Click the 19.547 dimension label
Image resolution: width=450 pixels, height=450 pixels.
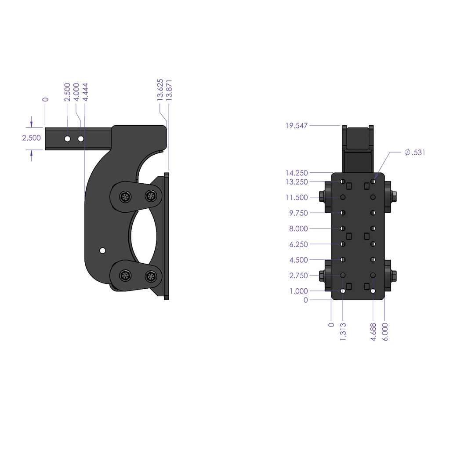[296, 126]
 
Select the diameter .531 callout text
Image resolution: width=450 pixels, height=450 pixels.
[415, 152]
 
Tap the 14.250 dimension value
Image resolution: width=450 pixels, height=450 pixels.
[296, 173]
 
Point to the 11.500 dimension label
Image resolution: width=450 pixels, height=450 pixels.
[296, 197]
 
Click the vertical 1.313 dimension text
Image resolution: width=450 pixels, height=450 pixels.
[342, 331]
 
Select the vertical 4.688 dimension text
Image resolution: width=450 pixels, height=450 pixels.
[373, 331]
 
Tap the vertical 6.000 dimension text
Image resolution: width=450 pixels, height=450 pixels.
[385, 331]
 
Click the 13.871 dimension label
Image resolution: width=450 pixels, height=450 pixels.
[169, 90]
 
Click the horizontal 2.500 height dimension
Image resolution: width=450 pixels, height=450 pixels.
[31, 138]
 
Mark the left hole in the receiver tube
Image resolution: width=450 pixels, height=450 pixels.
[67, 139]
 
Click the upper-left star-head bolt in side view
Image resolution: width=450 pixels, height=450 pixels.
[126, 196]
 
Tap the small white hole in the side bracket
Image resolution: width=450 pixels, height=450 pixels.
[102, 250]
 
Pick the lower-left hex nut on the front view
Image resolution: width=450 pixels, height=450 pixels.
[321, 276]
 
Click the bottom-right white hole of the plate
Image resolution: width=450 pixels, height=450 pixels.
[373, 291]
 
